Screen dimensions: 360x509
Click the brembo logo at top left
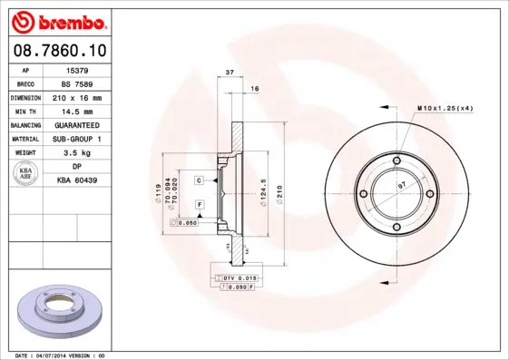[x=56, y=21]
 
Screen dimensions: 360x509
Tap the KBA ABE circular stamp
[x=26, y=175]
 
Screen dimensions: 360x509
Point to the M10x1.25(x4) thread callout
[x=445, y=108]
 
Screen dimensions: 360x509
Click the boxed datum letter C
[x=199, y=181]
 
